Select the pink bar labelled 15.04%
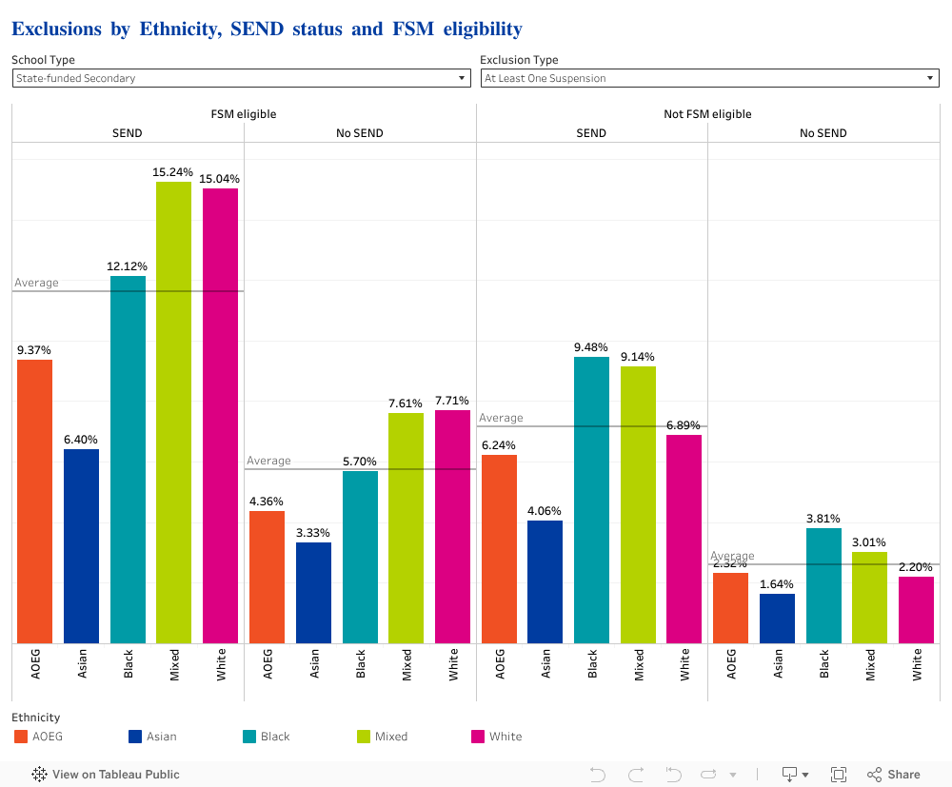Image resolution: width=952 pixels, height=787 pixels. pos(220,416)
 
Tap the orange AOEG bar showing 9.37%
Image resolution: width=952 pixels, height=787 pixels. pos(34,502)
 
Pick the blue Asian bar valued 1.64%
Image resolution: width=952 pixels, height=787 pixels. pos(777,619)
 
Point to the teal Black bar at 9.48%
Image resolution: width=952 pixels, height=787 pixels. pos(591,500)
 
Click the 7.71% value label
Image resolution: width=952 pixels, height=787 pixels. pos(452,401)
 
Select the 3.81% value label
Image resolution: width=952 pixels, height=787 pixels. pos(823,519)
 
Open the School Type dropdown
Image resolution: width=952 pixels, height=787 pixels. pos(241,78)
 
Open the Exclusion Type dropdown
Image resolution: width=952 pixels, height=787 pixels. pos(709,78)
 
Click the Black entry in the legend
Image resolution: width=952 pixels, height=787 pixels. pos(275,737)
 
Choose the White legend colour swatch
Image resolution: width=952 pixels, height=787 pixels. pos(478,737)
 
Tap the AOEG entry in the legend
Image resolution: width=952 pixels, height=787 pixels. pos(47,737)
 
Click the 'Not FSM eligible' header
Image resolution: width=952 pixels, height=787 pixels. pos(707,114)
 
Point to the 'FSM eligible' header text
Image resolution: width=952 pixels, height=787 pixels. pos(244,114)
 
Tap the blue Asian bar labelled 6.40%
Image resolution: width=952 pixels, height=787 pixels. pos(81,546)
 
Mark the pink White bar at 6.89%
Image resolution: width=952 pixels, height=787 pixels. pos(684,539)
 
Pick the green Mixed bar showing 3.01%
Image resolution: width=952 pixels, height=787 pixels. pos(869,598)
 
